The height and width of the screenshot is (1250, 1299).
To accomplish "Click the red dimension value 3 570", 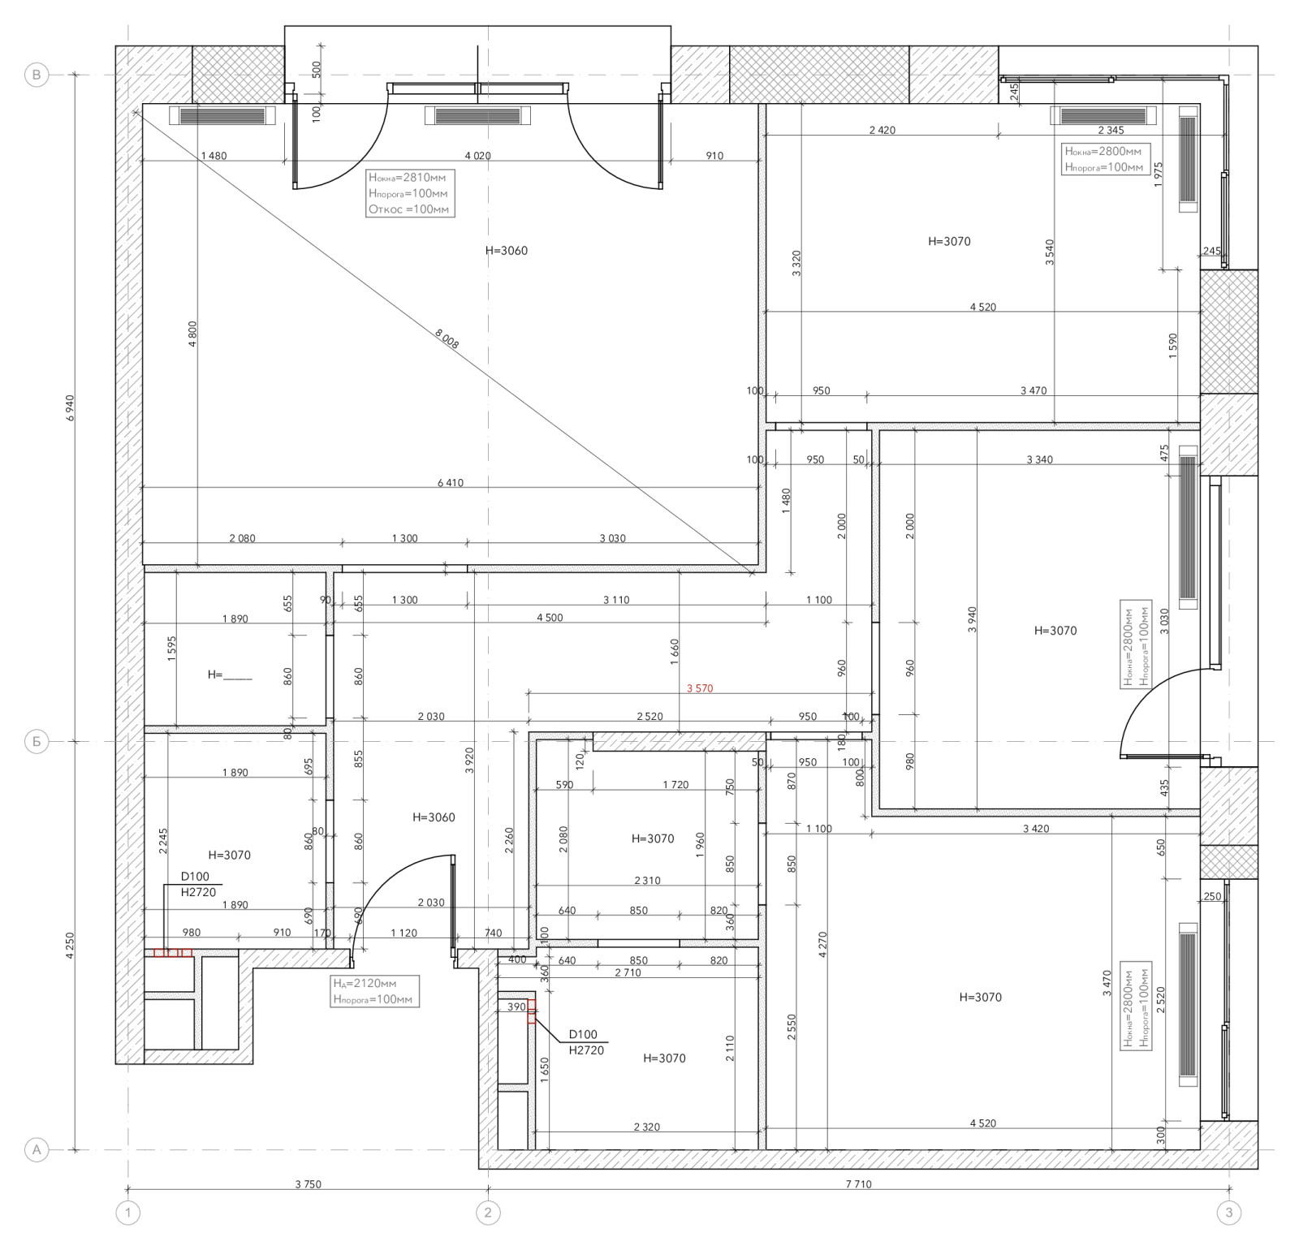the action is coord(700,688).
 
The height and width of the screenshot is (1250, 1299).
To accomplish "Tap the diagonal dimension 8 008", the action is coord(447,338).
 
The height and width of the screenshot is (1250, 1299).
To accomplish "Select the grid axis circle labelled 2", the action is coord(488,1213).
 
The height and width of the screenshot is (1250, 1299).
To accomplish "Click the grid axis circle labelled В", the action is coord(37,75).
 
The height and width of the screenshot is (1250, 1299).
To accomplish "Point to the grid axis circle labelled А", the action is coord(37,1149).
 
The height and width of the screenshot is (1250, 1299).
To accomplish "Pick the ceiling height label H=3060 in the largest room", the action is coord(507,251).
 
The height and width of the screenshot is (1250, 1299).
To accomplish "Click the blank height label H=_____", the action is coord(230,675).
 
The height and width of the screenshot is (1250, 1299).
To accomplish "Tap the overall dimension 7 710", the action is coord(858,1184).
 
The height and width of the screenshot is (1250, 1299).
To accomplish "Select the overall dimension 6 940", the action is coord(70,408).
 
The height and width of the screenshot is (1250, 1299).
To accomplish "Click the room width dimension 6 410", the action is coord(451,483).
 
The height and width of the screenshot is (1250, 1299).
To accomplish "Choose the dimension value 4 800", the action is coord(192,334).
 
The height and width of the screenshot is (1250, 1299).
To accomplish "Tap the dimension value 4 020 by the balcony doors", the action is coord(477,156).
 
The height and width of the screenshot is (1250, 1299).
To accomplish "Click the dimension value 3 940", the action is coord(972,619).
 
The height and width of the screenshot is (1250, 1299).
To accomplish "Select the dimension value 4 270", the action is coord(822,945).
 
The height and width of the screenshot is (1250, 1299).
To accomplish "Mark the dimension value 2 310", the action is coord(647,881).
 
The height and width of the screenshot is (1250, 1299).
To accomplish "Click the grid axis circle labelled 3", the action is coord(1229,1213).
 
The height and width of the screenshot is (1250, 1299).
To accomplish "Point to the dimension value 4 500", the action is coord(550,618).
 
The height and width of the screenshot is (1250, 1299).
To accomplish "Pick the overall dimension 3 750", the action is coord(308,1184).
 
